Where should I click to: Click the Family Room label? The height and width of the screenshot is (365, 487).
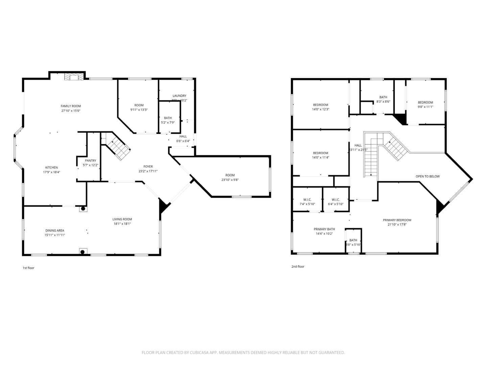(x=71, y=106)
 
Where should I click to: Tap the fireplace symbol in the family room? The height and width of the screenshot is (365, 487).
(x=74, y=77)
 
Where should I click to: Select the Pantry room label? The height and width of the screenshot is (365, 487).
(x=90, y=161)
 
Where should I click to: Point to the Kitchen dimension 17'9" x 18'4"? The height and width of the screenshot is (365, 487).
(x=51, y=172)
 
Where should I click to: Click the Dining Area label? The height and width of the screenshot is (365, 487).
(x=55, y=230)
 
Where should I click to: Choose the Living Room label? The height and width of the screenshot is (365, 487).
(x=122, y=219)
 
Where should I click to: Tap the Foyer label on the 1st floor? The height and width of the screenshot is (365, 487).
(x=148, y=167)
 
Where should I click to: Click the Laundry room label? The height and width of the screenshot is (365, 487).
(x=179, y=96)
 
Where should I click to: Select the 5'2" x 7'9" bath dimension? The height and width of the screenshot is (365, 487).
(x=168, y=123)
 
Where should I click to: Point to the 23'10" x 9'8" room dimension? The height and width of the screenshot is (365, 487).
(x=230, y=180)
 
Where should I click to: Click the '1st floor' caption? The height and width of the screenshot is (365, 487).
(x=28, y=268)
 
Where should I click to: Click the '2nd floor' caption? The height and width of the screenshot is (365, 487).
(x=298, y=267)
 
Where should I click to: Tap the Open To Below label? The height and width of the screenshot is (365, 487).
(x=427, y=176)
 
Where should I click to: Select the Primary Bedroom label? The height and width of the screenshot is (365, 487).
(x=397, y=220)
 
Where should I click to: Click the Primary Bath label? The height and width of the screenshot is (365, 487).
(x=324, y=229)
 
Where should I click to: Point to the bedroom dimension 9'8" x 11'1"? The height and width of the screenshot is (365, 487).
(x=425, y=107)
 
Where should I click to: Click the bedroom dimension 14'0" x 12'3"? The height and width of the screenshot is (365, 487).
(x=320, y=109)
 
